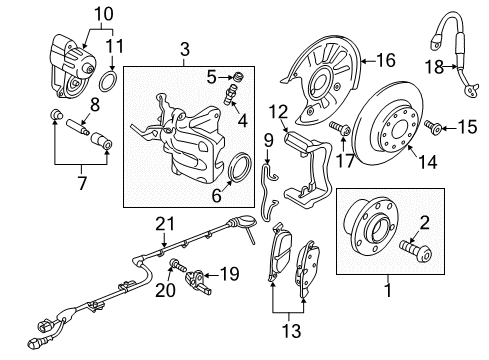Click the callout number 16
[x=386, y=61]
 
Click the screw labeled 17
[x=339, y=128]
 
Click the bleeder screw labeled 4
[x=230, y=95]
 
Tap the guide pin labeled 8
[x=77, y=127]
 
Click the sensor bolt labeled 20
[x=177, y=265]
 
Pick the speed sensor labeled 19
[x=197, y=281]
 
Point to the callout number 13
[x=292, y=331]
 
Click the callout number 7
[x=82, y=183]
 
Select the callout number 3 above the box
[x=184, y=49]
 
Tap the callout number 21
[x=165, y=224]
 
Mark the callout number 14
[x=428, y=162]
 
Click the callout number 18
[x=434, y=67]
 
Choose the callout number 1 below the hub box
[x=388, y=290]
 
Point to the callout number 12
[x=279, y=112]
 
